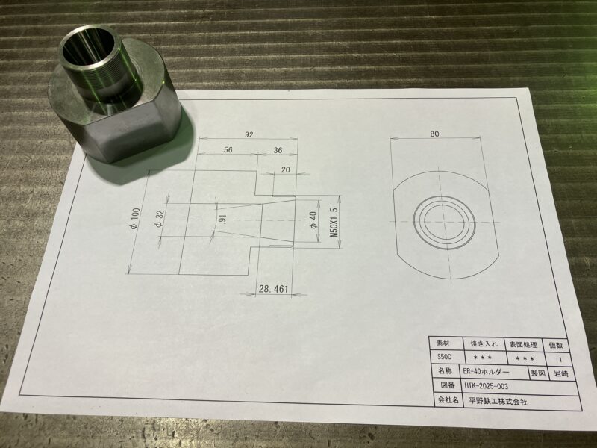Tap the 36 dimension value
(x=278, y=150)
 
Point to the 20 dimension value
(x=285, y=169)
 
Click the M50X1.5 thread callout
(x=334, y=222)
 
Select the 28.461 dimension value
(x=273, y=288)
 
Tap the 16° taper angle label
(x=222, y=220)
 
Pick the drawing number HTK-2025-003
(x=485, y=386)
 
